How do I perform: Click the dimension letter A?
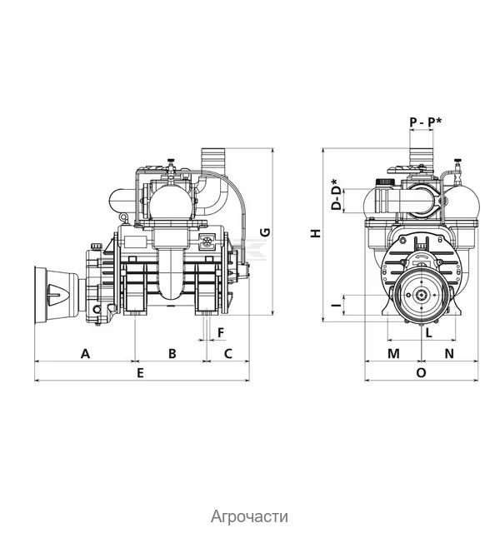click(x=85, y=353)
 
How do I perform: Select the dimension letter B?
click(x=172, y=353)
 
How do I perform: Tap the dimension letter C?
click(x=228, y=353)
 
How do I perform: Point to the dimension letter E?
click(x=140, y=373)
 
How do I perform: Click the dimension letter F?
click(x=221, y=332)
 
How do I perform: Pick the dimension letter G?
click(x=265, y=232)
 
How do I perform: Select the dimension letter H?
click(x=316, y=233)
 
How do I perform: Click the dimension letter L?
click(x=428, y=333)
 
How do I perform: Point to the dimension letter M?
click(x=393, y=353)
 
